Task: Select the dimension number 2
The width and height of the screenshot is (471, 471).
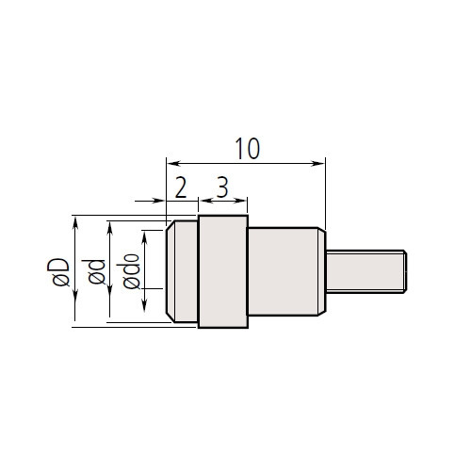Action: (180, 187)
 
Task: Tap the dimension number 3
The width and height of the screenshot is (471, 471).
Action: (221, 187)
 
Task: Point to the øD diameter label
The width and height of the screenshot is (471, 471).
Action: (58, 272)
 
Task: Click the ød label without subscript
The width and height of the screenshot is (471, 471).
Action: (94, 272)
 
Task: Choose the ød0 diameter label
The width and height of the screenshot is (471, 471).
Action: (129, 271)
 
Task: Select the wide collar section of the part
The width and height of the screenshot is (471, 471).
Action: (222, 271)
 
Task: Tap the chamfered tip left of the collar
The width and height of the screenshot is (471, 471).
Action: (181, 271)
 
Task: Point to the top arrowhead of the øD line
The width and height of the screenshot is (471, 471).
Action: (74, 219)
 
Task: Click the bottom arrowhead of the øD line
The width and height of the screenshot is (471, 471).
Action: (74, 324)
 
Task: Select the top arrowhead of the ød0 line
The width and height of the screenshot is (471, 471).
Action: (144, 234)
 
